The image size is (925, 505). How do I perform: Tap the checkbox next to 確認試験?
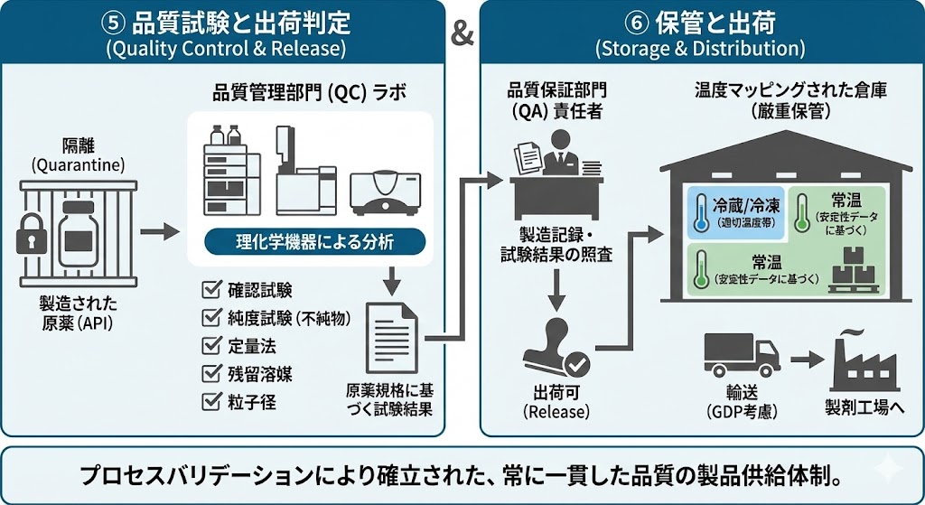(213, 290)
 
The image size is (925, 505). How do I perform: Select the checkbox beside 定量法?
(213, 345)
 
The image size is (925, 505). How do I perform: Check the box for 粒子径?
(213, 401)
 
